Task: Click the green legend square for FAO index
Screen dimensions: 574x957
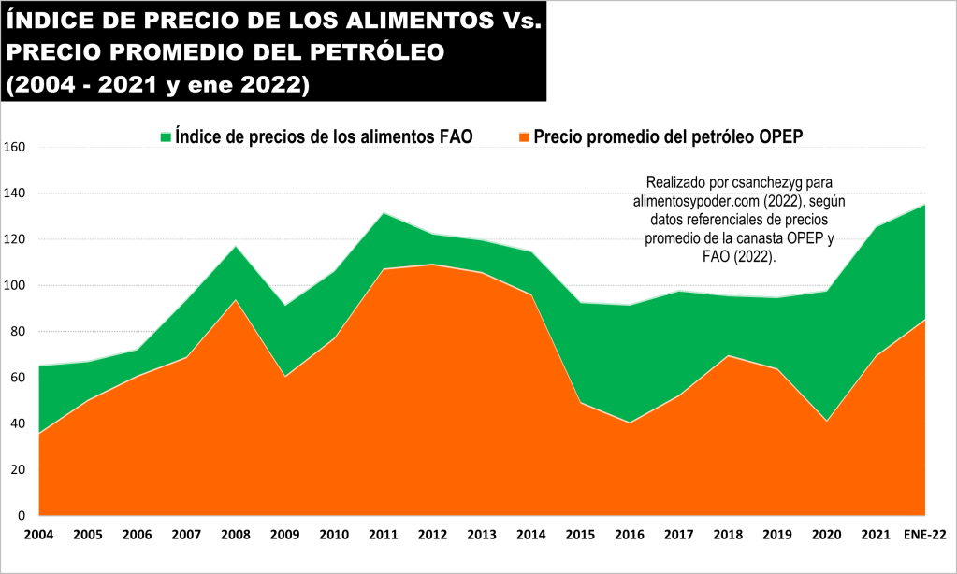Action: click(167, 137)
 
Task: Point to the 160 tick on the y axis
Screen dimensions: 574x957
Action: click(15, 147)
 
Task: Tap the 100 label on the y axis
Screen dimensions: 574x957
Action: click(15, 285)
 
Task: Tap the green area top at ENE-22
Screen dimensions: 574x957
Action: click(924, 205)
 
